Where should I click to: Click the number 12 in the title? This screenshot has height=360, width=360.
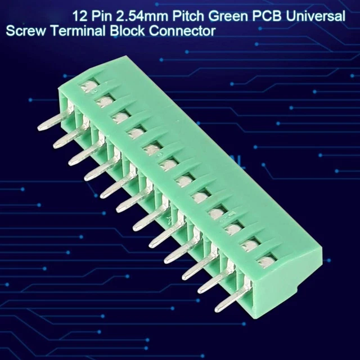click(x=80, y=16)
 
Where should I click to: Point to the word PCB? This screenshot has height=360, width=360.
click(x=267, y=16)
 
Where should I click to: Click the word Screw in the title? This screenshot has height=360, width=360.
click(x=26, y=31)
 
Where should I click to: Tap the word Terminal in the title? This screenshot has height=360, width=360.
click(x=78, y=30)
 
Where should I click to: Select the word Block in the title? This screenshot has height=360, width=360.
click(x=127, y=30)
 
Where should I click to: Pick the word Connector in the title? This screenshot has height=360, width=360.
click(x=182, y=31)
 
